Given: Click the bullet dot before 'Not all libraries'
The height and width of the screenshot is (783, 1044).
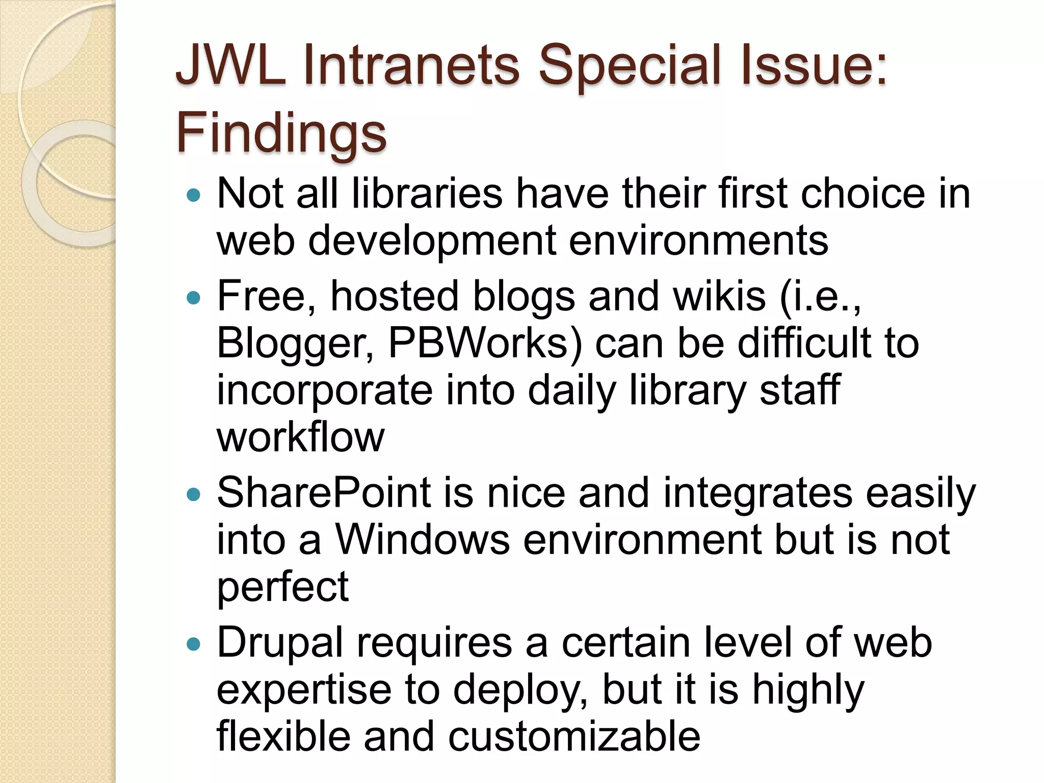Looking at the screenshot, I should [x=194, y=195].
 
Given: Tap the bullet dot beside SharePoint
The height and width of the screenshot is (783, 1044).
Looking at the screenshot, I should [x=194, y=494].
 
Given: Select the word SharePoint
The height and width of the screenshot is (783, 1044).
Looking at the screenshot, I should [x=324, y=493].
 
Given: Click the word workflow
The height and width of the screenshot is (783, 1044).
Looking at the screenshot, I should [x=300, y=437].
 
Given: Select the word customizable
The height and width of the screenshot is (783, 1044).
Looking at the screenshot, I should [x=574, y=736].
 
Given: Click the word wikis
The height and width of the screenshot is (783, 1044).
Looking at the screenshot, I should [x=719, y=296].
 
